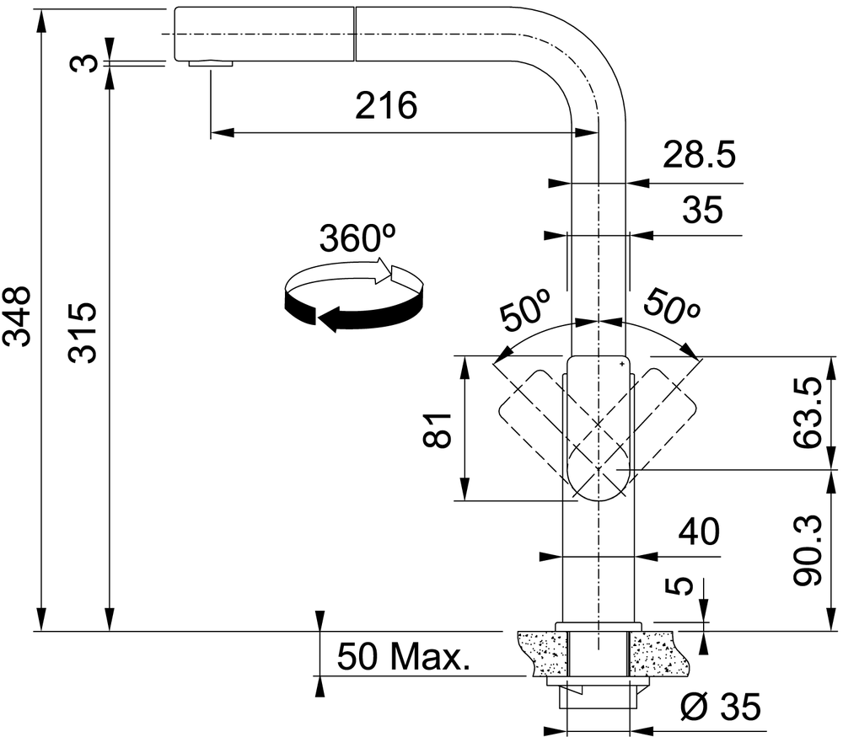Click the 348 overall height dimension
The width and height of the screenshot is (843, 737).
pos(17,317)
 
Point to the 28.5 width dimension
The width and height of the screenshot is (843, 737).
pos(699,155)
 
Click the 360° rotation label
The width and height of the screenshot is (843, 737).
pos(357,238)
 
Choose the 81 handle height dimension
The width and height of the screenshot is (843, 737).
pos(436,430)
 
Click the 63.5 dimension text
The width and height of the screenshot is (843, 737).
pos(808,413)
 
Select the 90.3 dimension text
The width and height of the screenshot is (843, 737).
pos(808,550)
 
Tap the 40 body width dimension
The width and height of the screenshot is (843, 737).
pos(699,531)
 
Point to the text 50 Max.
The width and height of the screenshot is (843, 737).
pos(403,656)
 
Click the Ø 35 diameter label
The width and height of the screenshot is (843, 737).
pos(721,707)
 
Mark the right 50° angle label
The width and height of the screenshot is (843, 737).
pos(672,307)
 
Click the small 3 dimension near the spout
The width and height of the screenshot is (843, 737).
pos(84,63)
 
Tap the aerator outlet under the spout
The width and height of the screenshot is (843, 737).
pos(211,63)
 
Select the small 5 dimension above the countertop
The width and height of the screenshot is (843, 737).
pos(679,586)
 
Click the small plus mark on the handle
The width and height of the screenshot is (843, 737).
pos(622,364)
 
